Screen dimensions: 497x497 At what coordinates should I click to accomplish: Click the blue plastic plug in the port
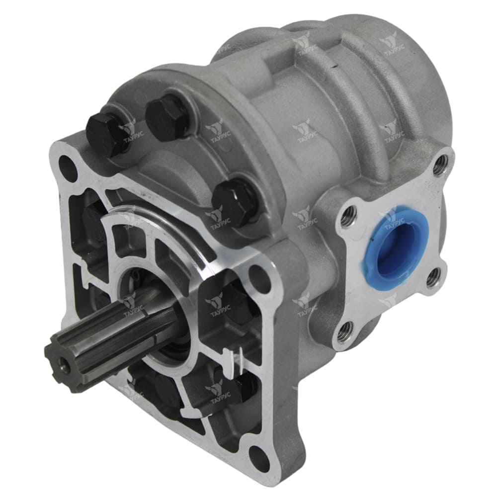click(x=396, y=242)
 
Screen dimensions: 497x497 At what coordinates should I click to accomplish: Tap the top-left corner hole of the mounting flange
click(x=69, y=163)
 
